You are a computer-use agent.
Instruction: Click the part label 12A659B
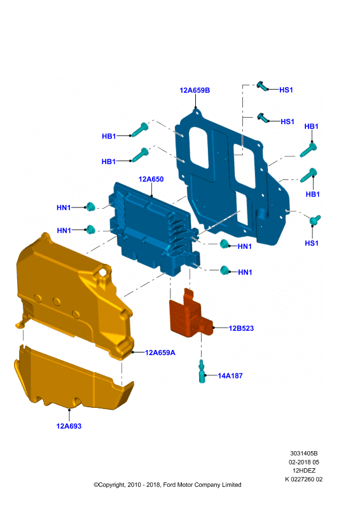coord(195,90)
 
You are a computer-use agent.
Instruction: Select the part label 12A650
coord(151,179)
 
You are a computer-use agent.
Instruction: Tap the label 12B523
coord(241,328)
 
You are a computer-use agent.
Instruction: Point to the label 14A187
coord(230,375)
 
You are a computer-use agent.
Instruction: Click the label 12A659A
coord(160,352)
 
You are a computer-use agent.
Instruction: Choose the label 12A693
coord(69,426)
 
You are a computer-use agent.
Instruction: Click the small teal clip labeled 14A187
coord(202,372)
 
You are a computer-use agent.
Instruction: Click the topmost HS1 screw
coord(262,87)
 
